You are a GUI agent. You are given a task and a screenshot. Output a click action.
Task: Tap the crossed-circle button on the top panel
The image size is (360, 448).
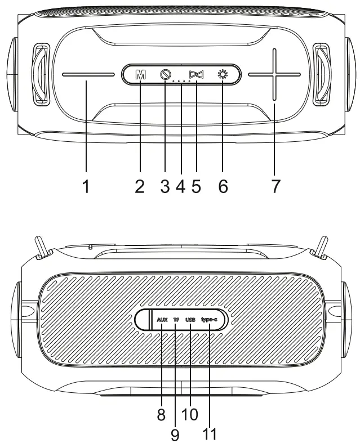tap(165, 74)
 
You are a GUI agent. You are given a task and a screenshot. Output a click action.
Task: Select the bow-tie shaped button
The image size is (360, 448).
tap(195, 74)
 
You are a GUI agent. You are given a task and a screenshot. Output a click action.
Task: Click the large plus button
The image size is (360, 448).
tap(274, 74)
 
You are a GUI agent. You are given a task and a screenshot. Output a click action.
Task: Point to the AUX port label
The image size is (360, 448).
tap(162, 320)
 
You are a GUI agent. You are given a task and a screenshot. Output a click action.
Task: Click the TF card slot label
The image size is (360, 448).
tap(176, 320)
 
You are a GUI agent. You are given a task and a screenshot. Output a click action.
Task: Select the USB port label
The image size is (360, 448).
tap(190, 320)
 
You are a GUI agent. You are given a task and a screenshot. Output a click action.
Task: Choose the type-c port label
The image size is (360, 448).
tap(209, 320)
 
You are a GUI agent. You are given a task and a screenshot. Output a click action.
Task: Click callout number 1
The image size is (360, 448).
tap(86, 186)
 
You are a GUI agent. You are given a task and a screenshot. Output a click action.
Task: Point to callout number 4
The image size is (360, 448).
tap(180, 186)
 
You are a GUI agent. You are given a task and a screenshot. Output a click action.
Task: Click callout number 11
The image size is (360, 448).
tap(209, 434)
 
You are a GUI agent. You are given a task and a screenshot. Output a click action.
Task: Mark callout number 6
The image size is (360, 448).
tap(223, 186)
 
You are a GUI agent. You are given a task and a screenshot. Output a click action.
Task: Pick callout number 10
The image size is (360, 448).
tap(190, 414)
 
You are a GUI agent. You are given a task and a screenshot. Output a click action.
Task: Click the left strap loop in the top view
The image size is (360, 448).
tap(41, 74)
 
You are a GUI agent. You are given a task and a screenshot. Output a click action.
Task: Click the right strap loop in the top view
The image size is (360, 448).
tap(321, 74)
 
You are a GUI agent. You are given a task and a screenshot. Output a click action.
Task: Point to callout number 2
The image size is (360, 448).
tap(140, 186)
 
